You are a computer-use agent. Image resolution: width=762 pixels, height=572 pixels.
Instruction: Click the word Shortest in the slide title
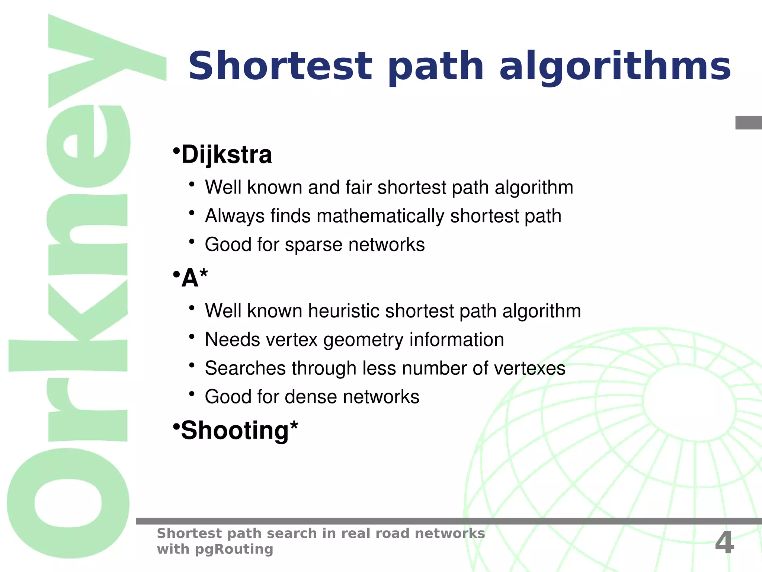(x=280, y=66)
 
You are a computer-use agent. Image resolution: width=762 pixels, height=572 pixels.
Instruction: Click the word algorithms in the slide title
(x=615, y=66)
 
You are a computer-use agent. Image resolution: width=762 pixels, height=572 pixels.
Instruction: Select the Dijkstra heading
(x=226, y=154)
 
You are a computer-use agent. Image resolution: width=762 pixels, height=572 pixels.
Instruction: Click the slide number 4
(x=724, y=542)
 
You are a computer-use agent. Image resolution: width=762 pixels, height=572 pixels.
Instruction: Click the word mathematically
(x=380, y=216)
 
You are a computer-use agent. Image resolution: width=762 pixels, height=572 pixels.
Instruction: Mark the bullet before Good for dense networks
(x=192, y=394)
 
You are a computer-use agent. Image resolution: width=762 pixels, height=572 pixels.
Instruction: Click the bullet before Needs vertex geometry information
(x=192, y=337)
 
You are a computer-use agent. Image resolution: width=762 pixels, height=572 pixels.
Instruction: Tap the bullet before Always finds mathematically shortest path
(x=192, y=213)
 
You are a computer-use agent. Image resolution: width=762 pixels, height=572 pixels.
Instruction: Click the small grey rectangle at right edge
(x=749, y=123)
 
